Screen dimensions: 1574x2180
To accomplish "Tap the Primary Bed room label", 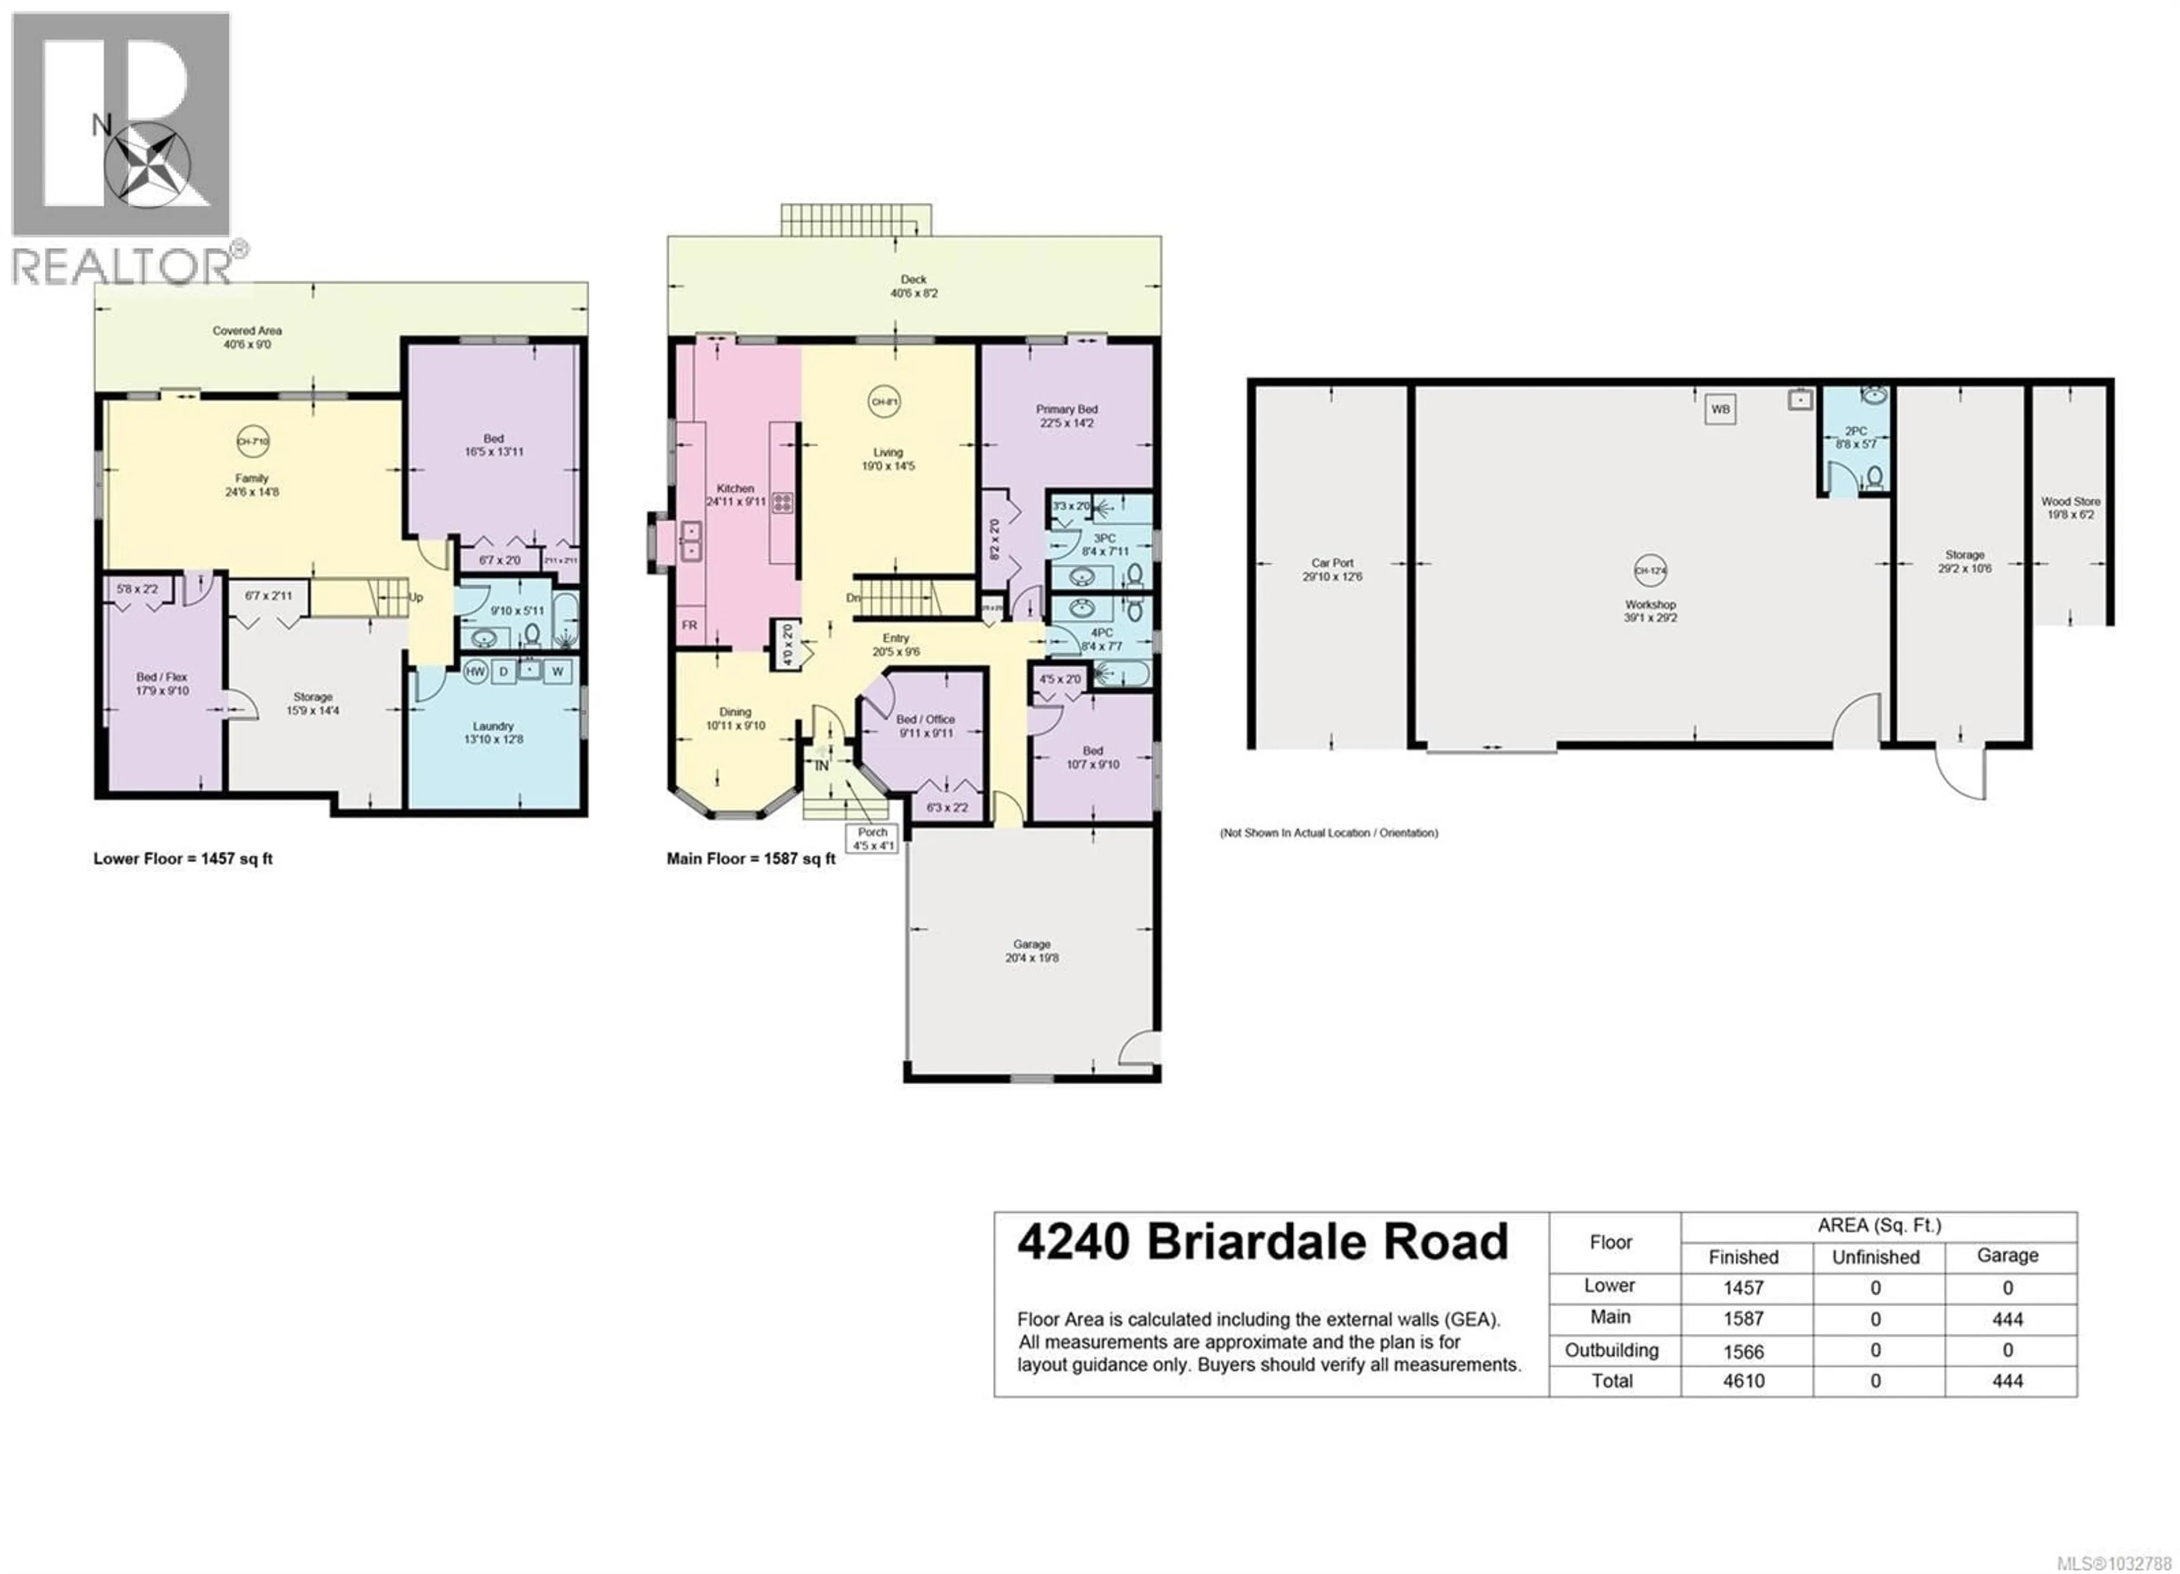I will [x=1066, y=416].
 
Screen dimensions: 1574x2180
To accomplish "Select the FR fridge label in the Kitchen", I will [x=689, y=625].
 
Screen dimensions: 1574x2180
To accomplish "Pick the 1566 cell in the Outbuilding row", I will [x=1743, y=1352].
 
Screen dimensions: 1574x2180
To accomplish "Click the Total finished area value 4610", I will [x=1743, y=1382].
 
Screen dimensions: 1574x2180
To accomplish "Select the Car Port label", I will [x=1332, y=569].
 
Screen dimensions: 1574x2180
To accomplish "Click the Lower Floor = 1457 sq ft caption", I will [x=183, y=859].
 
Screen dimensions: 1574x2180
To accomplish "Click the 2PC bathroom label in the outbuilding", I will [x=1855, y=437].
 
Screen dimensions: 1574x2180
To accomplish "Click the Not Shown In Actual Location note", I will [x=1328, y=832].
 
